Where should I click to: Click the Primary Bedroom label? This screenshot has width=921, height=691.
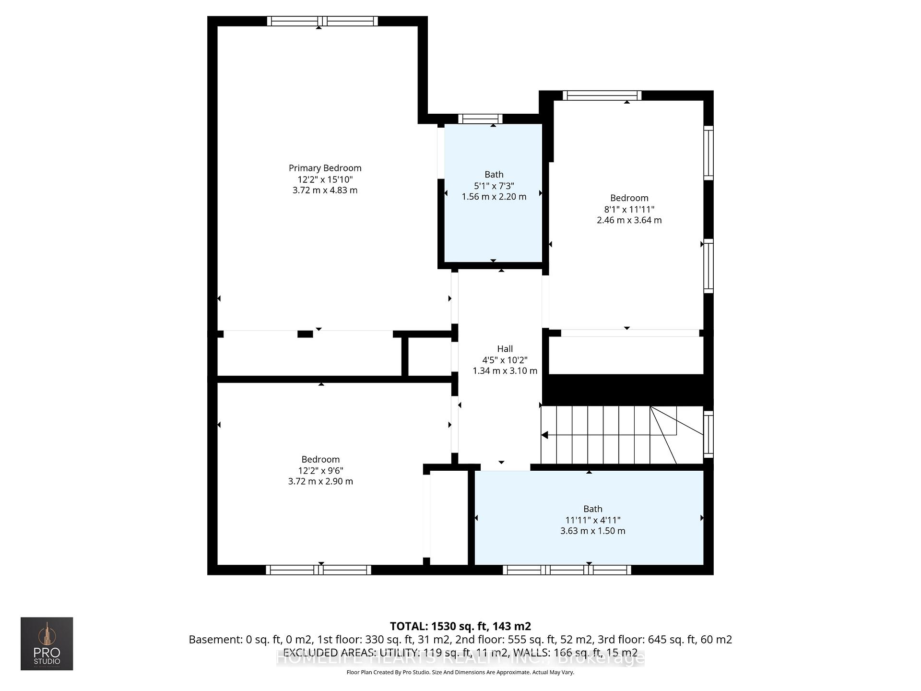pyautogui.click(x=325, y=168)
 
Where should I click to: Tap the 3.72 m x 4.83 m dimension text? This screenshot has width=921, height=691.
pyautogui.click(x=325, y=191)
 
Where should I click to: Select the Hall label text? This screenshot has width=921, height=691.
pyautogui.click(x=505, y=349)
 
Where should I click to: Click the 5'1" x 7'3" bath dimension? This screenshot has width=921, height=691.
pyautogui.click(x=494, y=186)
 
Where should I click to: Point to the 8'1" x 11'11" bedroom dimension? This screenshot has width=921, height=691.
pyautogui.click(x=629, y=209)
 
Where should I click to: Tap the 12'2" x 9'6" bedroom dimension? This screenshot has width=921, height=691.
pyautogui.click(x=320, y=471)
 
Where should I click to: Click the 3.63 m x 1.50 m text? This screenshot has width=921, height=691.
pyautogui.click(x=592, y=531)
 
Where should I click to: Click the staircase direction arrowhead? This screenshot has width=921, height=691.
pyautogui.click(x=544, y=435)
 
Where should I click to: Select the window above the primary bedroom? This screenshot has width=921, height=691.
pyautogui.click(x=322, y=21)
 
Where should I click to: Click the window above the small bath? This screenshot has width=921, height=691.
pyautogui.click(x=480, y=119)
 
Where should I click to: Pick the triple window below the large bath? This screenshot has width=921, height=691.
pyautogui.click(x=567, y=570)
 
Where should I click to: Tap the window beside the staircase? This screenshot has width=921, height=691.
pyautogui.click(x=708, y=435)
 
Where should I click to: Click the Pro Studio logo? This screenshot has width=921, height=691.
pyautogui.click(x=47, y=643)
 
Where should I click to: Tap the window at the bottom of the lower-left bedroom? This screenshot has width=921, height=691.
pyautogui.click(x=319, y=570)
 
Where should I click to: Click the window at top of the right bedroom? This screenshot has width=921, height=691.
pyautogui.click(x=602, y=95)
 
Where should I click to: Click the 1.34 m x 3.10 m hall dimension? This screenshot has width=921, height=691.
pyautogui.click(x=505, y=371)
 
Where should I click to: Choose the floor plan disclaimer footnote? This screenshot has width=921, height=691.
pyautogui.click(x=460, y=672)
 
